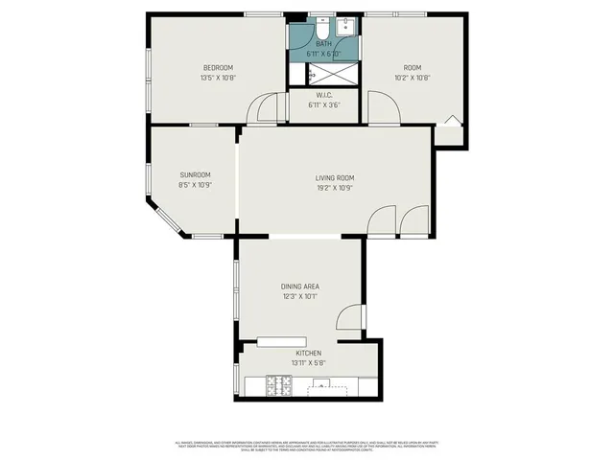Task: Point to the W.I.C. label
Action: [323, 94]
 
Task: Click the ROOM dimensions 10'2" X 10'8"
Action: [412, 78]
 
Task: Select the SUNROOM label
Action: [195, 174]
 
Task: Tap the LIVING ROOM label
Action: [335, 177]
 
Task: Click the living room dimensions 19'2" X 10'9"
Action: [335, 188]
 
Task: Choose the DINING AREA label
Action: [299, 287]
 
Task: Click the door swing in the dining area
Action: [351, 318]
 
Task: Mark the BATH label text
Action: [323, 44]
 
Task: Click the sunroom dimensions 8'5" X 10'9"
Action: [195, 185]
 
